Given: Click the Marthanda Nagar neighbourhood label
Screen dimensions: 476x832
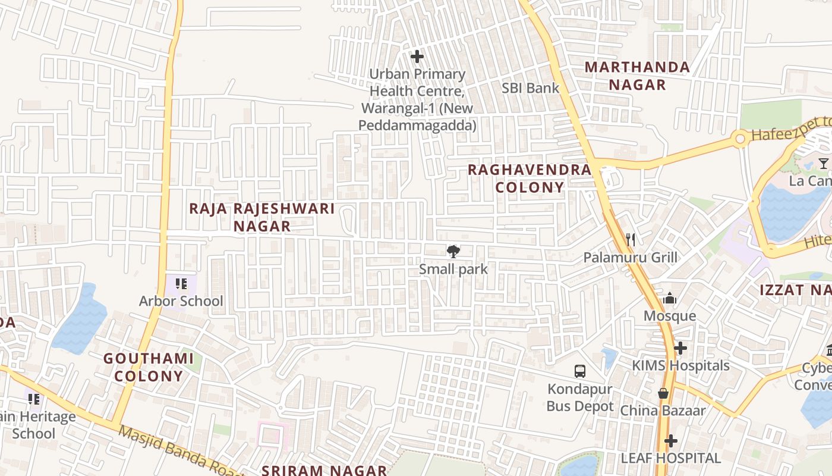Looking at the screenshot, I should (637, 76).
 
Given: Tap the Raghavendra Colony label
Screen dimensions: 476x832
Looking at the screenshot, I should (529, 178).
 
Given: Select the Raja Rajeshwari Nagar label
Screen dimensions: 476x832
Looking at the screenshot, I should (261, 217).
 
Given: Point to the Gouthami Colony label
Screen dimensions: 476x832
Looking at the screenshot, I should (149, 367).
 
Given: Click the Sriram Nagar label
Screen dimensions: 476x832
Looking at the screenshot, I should (324, 470).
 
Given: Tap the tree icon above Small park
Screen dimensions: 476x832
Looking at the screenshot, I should (453, 251).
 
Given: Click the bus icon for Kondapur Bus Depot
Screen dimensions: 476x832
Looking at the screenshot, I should (580, 371).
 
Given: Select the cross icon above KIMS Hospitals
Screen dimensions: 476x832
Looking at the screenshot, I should (680, 347).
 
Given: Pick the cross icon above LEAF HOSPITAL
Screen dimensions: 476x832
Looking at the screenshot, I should (671, 441).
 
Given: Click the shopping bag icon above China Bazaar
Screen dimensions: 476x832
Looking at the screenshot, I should (663, 393).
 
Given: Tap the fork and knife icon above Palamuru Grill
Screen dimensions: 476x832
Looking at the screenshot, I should (631, 240).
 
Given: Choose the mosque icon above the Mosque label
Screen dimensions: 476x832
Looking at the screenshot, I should (670, 298).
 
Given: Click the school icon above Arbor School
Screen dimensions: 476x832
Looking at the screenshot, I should (181, 284).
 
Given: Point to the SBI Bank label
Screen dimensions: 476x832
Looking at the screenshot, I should (531, 88).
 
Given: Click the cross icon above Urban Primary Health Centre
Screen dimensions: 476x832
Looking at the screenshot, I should (417, 57).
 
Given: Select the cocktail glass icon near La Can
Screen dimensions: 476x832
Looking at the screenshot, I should (823, 163).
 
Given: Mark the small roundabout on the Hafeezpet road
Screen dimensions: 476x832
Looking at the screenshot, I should (740, 139).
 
